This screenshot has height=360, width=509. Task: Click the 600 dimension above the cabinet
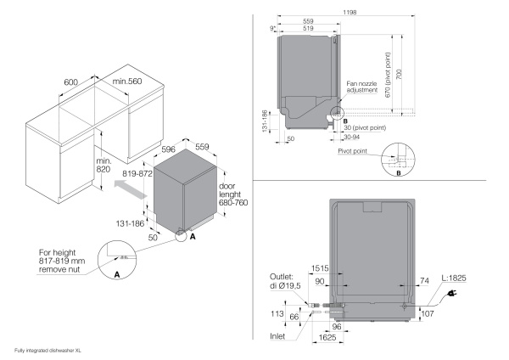(x=70, y=82)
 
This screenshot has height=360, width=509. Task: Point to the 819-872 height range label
(x=137, y=173)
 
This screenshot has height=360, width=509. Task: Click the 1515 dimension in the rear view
(x=320, y=267)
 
